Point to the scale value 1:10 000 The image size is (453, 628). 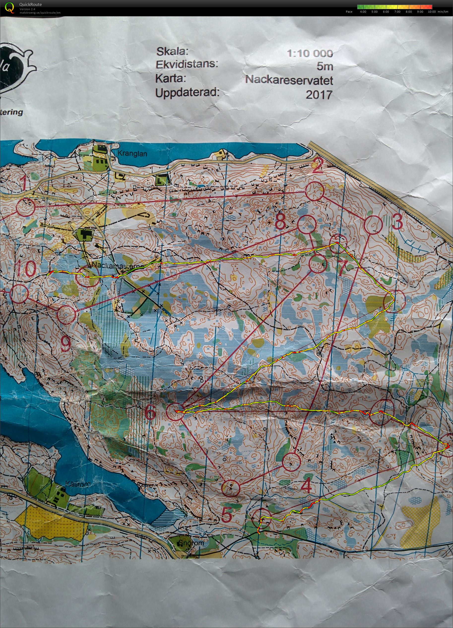[x=310, y=53]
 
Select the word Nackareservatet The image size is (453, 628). [x=289, y=80]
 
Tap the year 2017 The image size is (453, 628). [x=319, y=95]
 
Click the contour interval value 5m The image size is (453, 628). [x=324, y=66]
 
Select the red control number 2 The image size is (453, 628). [x=318, y=166]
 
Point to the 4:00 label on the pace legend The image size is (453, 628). [x=362, y=12]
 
